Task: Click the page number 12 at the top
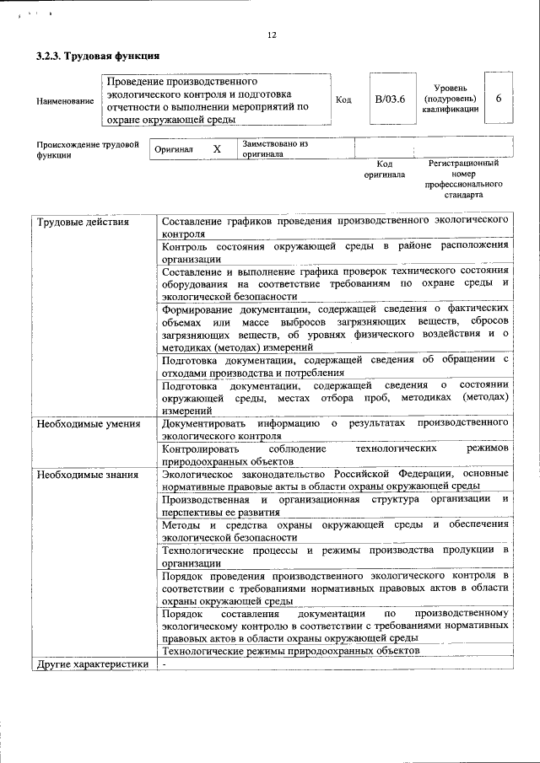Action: [271, 35]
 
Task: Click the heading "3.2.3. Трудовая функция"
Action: [93, 56]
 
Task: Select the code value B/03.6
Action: [390, 99]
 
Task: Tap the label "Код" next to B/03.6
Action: [343, 99]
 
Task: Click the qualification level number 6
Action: [499, 99]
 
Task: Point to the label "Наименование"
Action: [65, 101]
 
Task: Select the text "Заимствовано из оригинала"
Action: [273, 149]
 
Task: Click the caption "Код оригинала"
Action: [384, 169]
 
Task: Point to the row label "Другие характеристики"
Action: [92, 664]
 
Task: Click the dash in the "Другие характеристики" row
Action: [165, 664]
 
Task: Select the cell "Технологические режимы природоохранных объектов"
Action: [289, 652]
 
